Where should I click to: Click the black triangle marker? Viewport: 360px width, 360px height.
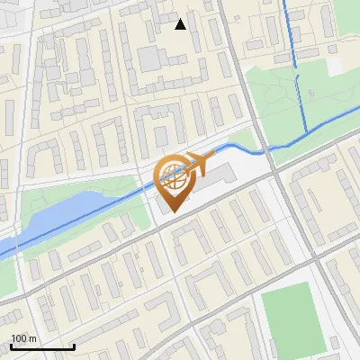pyautogui.click(x=181, y=24)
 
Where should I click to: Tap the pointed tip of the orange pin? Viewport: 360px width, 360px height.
pyautogui.click(x=172, y=212)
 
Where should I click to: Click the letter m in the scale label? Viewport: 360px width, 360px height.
pyautogui.click(x=32, y=338)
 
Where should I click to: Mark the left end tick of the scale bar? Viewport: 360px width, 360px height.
pyautogui.click(x=11, y=346)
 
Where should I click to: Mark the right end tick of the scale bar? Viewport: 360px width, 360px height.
pyautogui.click(x=74, y=346)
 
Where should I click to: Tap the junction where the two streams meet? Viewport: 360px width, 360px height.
pyautogui.click(x=309, y=133)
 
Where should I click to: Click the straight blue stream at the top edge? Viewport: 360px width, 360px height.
pyautogui.click(x=290, y=31)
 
